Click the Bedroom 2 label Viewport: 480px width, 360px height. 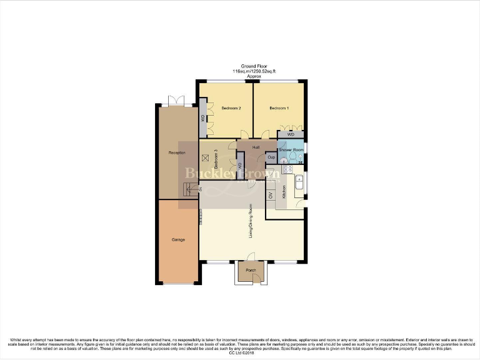click(231, 108)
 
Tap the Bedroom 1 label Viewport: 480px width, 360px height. click(279, 108)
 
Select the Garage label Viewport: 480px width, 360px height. click(178, 239)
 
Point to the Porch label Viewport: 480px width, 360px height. click(251, 271)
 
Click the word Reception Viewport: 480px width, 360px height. click(177, 152)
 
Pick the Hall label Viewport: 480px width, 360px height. click(256, 147)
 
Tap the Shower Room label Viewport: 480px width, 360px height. click(291, 151)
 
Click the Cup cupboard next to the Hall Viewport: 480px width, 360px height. click(271, 157)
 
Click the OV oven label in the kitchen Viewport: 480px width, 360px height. click(271, 196)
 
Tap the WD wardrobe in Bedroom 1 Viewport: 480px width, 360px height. click(291, 134)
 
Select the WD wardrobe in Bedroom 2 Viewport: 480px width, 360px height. click(203, 117)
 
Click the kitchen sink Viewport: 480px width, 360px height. click(299, 184)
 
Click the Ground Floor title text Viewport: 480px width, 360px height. click(254, 66)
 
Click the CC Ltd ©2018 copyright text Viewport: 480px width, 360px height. click(239, 353)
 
